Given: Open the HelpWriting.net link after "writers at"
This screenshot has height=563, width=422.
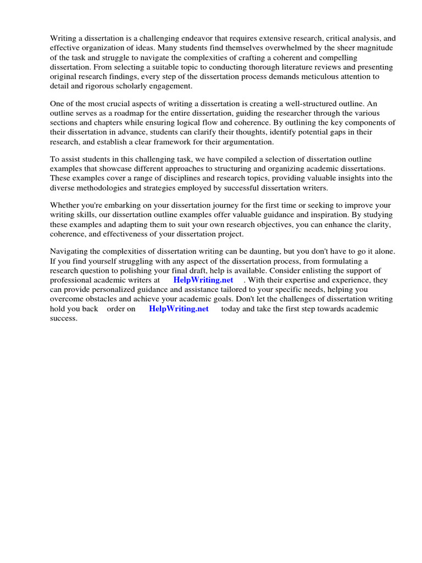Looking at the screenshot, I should (203, 280).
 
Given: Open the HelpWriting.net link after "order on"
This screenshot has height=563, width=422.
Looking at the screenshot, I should (179, 308).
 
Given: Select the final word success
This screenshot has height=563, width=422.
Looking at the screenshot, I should (63, 318).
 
